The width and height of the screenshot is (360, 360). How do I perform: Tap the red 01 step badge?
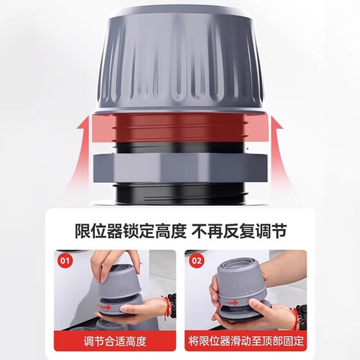click(x=64, y=262)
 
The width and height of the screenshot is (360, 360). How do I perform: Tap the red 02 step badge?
click(x=197, y=262)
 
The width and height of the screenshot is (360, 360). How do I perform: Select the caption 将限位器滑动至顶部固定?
click(x=246, y=341)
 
